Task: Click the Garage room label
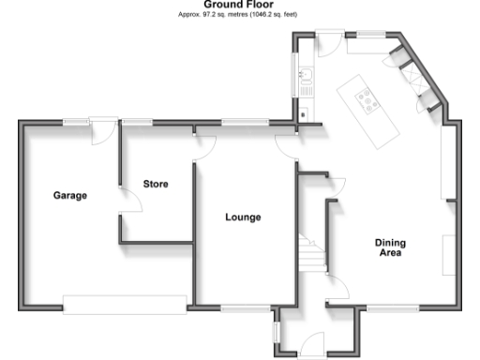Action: pyautogui.click(x=70, y=196)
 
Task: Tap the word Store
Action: pyautogui.click(x=156, y=184)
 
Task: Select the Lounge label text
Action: pyautogui.click(x=243, y=217)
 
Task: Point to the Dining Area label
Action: pyautogui.click(x=391, y=247)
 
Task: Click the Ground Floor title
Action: pyautogui.click(x=240, y=5)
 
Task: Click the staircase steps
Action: pyautogui.click(x=309, y=250)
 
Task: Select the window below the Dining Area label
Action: pyautogui.click(x=379, y=307)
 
